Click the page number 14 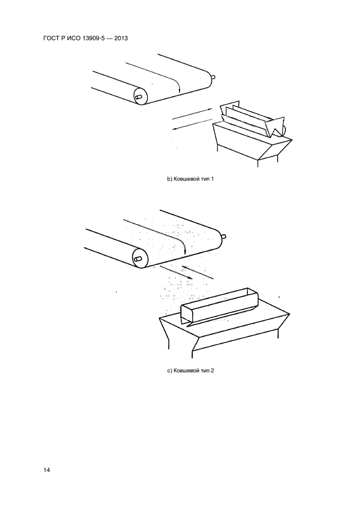(46, 470)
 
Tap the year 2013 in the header (121, 38)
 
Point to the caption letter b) (170, 179)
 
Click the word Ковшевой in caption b (186, 179)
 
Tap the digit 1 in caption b (213, 179)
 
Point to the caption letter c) (170, 371)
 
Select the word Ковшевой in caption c (186, 371)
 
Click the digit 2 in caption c (213, 371)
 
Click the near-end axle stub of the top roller (138, 97)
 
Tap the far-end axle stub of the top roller (213, 78)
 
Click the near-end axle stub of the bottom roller (138, 259)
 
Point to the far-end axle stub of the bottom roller (223, 236)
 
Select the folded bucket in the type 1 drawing (253, 121)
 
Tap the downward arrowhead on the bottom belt (185, 252)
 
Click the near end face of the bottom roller (139, 258)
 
